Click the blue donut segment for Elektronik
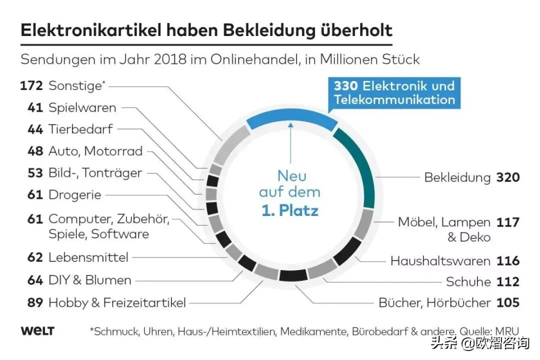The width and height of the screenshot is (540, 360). (x=290, y=120)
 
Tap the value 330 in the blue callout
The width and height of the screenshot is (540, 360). (x=345, y=85)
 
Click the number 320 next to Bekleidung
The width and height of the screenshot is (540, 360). (x=508, y=177)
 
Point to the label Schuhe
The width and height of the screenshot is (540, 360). (x=468, y=282)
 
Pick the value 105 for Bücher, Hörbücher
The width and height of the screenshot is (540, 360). (x=508, y=302)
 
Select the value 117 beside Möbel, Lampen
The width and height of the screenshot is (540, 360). (x=508, y=222)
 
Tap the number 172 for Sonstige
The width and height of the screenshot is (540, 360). (x=31, y=85)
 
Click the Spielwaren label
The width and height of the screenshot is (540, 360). (x=82, y=107)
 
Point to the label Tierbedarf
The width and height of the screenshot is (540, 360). (x=80, y=129)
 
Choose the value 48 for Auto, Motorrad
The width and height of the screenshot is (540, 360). (x=35, y=151)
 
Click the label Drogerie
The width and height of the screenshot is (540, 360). (x=74, y=195)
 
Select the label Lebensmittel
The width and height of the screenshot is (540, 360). (x=88, y=257)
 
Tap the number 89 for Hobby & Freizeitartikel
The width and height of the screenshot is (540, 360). (x=35, y=302)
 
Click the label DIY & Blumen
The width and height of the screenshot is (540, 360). (x=89, y=280)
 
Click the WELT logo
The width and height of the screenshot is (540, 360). (x=37, y=331)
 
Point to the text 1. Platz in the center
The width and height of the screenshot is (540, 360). (x=290, y=210)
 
